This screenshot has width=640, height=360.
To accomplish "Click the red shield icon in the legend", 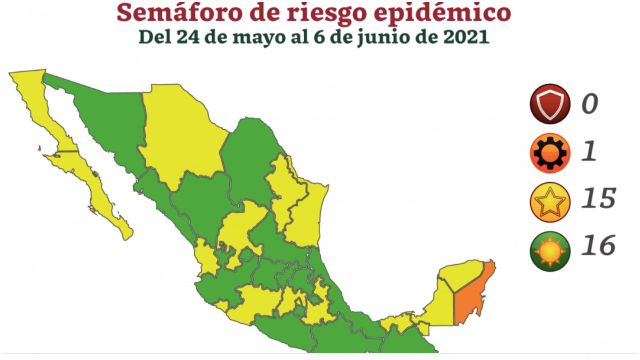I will (550, 103).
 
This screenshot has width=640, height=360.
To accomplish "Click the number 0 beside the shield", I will (590, 104).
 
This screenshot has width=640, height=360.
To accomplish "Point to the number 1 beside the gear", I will (589, 151).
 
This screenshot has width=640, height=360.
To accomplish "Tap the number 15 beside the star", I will (598, 199).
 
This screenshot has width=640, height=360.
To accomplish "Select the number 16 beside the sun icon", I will (598, 246).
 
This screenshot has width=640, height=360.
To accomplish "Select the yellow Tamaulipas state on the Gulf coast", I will (305, 215).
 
